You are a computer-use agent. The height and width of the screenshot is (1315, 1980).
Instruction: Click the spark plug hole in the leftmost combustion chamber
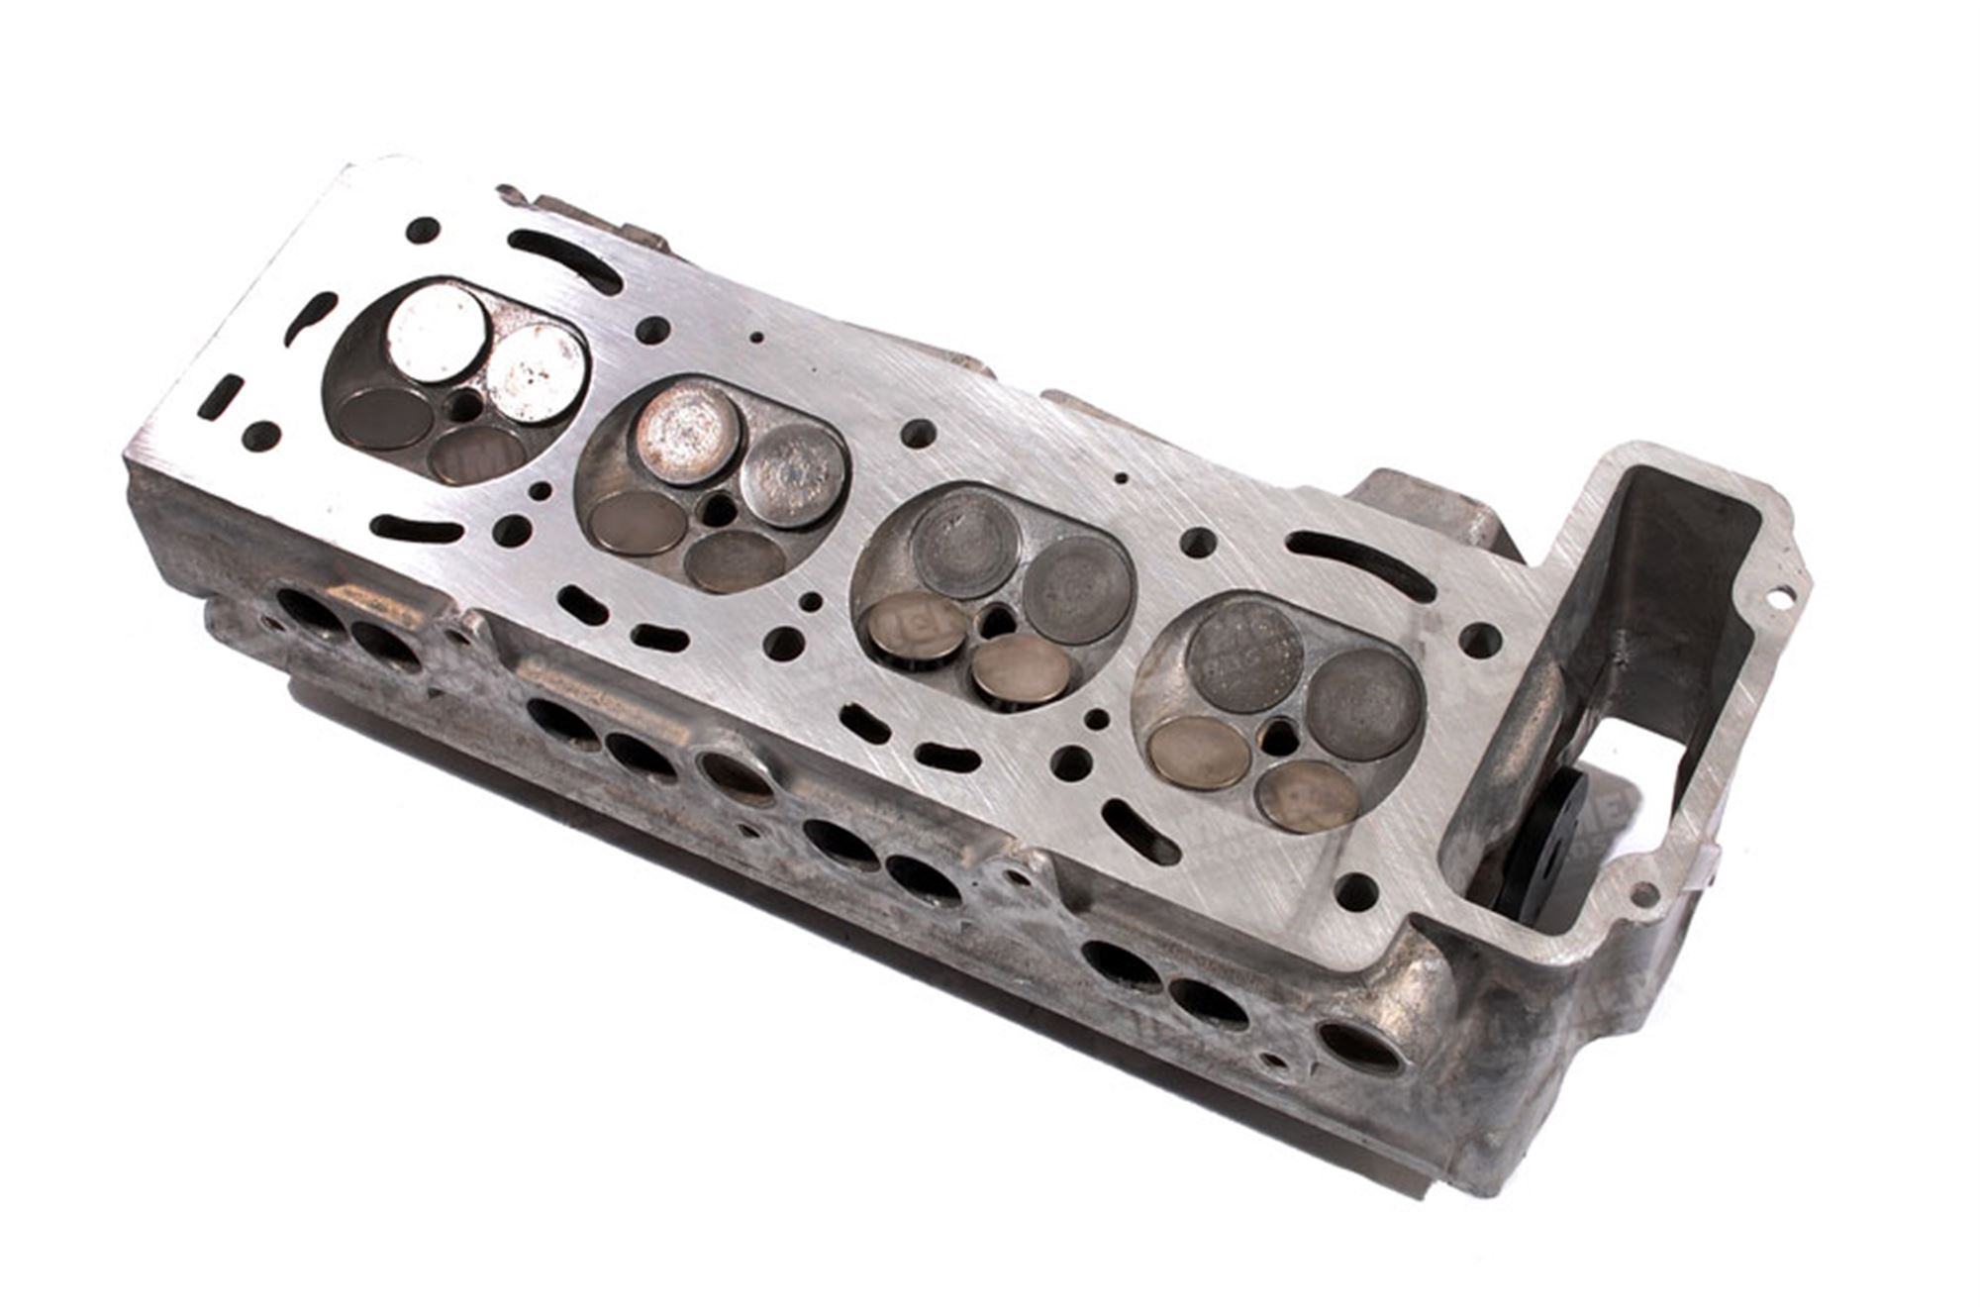463,405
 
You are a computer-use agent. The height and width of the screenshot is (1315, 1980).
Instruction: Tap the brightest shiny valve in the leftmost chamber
437,335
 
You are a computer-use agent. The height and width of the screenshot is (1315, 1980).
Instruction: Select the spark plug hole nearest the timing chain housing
1281,737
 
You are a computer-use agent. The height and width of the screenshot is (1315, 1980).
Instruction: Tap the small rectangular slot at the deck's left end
221,396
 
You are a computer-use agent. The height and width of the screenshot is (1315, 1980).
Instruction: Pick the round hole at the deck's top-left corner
423,230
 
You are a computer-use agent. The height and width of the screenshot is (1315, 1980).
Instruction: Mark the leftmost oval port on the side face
308,610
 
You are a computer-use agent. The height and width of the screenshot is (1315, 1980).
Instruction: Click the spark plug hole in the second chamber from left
717,511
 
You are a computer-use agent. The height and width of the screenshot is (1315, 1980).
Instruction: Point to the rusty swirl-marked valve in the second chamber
687,433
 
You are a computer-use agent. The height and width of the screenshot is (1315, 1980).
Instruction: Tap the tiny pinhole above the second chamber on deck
756,337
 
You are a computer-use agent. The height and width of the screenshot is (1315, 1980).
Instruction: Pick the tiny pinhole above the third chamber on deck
1121,478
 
